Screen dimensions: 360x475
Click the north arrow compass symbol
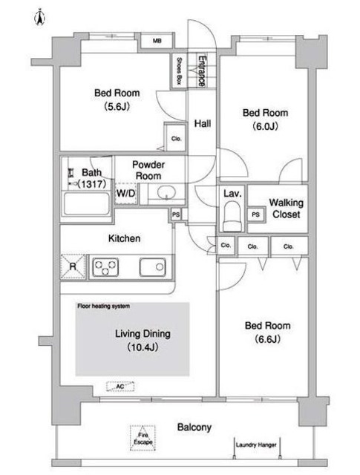(39, 17)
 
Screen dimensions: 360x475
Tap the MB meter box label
(157, 41)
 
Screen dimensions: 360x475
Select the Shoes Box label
(179, 71)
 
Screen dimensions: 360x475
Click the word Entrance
(202, 71)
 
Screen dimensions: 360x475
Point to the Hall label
(203, 123)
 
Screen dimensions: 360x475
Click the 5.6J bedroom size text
(117, 107)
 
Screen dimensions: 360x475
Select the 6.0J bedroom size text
(265, 126)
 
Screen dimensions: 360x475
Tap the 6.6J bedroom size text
(267, 339)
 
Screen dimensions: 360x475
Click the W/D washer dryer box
(125, 193)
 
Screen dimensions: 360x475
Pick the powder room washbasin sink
(166, 192)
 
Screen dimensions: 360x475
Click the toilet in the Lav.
(232, 216)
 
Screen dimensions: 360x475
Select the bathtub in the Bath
(87, 203)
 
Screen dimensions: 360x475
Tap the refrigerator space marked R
(73, 266)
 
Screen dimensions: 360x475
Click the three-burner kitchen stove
(105, 267)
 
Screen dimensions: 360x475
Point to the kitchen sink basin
(152, 267)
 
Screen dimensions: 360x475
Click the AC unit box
(120, 387)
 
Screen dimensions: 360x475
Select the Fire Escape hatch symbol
(143, 438)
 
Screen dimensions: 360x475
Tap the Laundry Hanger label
(256, 445)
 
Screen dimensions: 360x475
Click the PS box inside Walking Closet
(256, 214)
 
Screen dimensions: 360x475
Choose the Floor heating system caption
(104, 306)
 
